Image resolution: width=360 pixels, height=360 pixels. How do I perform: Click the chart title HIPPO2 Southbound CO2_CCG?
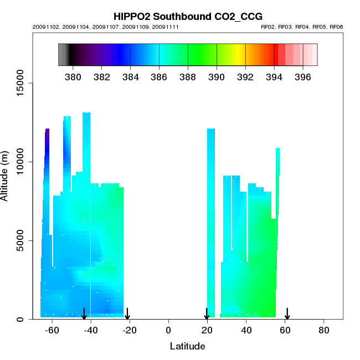[x=188, y=16]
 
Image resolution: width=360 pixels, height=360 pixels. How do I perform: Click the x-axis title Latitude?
[x=187, y=346]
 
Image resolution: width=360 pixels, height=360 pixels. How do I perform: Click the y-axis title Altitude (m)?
[x=5, y=176]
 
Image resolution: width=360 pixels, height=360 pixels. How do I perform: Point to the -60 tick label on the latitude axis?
[x=52, y=330]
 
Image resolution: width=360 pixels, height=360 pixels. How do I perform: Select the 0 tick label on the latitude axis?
[x=168, y=330]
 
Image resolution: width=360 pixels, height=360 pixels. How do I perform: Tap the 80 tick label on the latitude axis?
[x=324, y=330]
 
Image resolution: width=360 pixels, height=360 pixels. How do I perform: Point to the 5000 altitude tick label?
[x=23, y=240]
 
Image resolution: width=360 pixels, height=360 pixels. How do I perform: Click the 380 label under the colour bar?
[x=73, y=76]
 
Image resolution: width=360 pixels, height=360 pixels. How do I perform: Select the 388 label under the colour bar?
[x=188, y=76]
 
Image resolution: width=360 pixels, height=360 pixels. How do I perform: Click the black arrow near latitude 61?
[x=287, y=314]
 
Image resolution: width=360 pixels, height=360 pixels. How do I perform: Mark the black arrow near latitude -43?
[x=84, y=314]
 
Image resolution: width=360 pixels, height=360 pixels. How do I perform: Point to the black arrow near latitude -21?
[x=127, y=314]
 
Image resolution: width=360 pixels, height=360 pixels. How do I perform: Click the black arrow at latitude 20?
[x=207, y=314]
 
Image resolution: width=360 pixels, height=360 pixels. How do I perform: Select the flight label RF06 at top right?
[x=337, y=27]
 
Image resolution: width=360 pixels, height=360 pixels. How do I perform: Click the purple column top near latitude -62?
[x=47, y=130]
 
